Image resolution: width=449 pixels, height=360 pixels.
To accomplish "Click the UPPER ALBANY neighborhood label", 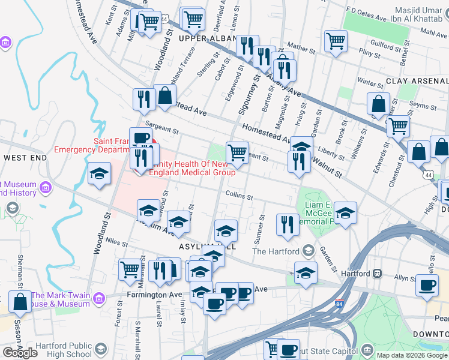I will tap(207, 38).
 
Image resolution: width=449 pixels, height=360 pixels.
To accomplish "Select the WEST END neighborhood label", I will tap(25, 157).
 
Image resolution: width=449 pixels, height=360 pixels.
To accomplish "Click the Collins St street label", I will tap(239, 196).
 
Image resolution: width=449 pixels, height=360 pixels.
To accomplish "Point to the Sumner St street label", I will tap(261, 230).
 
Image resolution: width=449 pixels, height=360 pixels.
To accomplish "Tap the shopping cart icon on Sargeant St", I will tap(237, 152).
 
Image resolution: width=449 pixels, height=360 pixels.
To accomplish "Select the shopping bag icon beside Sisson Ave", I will tap(20, 302).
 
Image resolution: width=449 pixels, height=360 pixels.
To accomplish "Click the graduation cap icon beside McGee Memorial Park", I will tap(345, 213).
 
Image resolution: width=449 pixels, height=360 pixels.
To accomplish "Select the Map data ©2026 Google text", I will tap(411, 355).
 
